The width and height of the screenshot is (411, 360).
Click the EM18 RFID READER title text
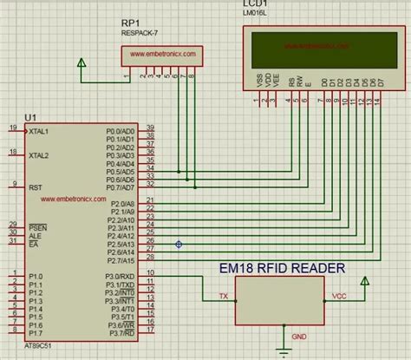[x=282, y=268]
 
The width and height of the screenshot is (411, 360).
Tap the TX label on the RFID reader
[x=224, y=297]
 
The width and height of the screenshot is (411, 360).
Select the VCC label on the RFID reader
[x=340, y=297]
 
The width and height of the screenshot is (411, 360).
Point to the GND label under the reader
[x=298, y=336]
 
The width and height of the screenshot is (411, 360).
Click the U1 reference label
[x=31, y=116]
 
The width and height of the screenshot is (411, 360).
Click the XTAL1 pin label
[x=38, y=131]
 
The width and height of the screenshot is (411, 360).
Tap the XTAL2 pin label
[x=38, y=156]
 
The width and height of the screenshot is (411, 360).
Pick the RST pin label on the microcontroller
[x=35, y=187]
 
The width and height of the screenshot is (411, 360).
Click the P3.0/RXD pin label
[x=120, y=276]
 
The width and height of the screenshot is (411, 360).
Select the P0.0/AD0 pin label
[x=120, y=131]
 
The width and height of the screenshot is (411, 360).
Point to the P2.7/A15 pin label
[x=120, y=259]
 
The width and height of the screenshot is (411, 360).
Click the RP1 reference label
[x=131, y=23]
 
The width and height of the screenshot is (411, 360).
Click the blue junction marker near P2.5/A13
[x=179, y=245]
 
